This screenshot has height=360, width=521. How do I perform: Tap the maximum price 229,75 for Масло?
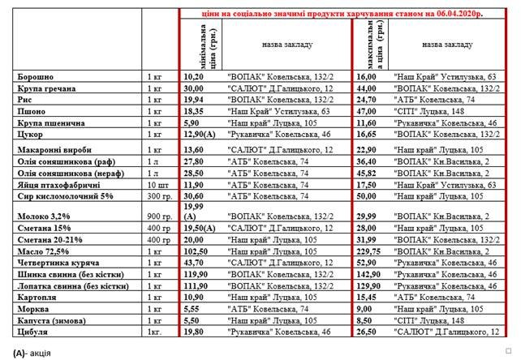(x=369, y=251)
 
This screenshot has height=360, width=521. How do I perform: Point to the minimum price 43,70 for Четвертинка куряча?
(x=192, y=263)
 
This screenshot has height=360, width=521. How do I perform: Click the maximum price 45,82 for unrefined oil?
(x=368, y=174)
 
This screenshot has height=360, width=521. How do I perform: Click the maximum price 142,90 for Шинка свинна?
(x=369, y=274)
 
